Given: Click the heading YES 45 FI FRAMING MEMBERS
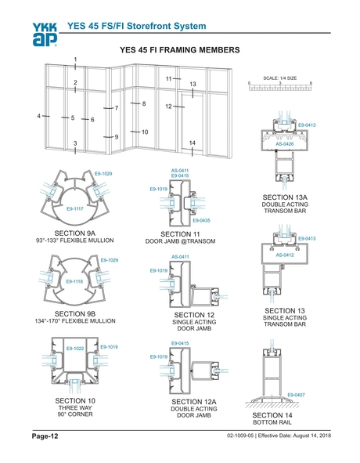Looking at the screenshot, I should [179, 49].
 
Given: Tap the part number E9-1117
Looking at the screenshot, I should [76, 209].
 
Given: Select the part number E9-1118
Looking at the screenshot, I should [76, 281].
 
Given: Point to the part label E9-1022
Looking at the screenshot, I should [75, 348].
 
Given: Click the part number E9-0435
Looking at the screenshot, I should [201, 221].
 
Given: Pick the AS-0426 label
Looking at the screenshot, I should [284, 143].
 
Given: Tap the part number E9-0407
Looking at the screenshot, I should [296, 394].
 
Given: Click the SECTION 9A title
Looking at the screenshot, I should [74, 233].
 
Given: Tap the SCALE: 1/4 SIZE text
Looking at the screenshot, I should [279, 78].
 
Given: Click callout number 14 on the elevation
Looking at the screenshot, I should [192, 143].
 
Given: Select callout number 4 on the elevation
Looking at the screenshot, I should [38, 116].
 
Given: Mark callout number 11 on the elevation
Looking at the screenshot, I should [168, 79].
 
